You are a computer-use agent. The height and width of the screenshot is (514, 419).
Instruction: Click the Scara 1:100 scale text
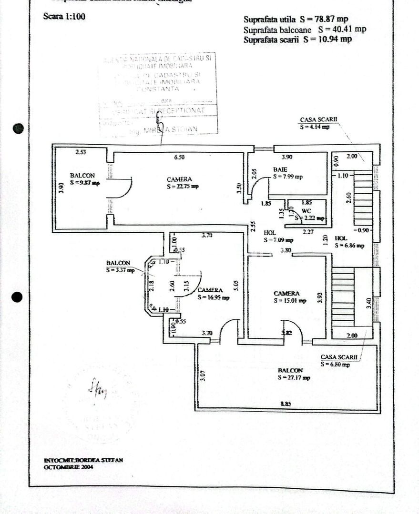pyautogui.click(x=64, y=17)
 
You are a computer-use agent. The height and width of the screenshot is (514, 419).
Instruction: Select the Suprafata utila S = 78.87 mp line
pyautogui.click(x=296, y=20)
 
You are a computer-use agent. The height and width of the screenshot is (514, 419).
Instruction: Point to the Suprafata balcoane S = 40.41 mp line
pyautogui.click(x=305, y=30)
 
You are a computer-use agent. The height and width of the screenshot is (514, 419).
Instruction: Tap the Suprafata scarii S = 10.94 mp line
pyautogui.click(x=297, y=40)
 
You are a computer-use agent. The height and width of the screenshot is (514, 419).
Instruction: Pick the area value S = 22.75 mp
pyautogui.click(x=183, y=187)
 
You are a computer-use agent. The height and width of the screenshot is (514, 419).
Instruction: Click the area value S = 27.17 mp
pyautogui.click(x=294, y=377)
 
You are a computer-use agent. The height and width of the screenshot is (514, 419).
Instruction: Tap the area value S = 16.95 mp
pyautogui.click(x=214, y=297)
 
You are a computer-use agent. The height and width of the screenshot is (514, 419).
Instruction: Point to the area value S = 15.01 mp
pyautogui.click(x=290, y=301)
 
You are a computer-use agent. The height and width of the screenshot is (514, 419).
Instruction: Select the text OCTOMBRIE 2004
pyautogui.click(x=69, y=467)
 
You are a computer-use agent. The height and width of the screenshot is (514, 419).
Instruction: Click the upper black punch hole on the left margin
pyautogui.click(x=18, y=128)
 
